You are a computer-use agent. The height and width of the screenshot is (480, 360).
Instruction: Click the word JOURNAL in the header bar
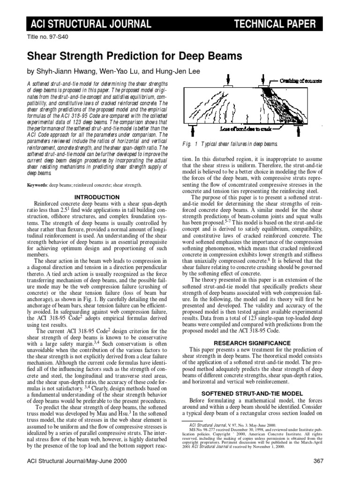[126, 24]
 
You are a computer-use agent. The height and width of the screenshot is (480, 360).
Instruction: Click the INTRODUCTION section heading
[97, 197]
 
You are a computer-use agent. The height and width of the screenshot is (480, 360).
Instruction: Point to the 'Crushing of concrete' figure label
[300, 81]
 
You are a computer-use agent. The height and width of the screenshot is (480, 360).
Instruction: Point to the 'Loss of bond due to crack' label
[252, 127]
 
